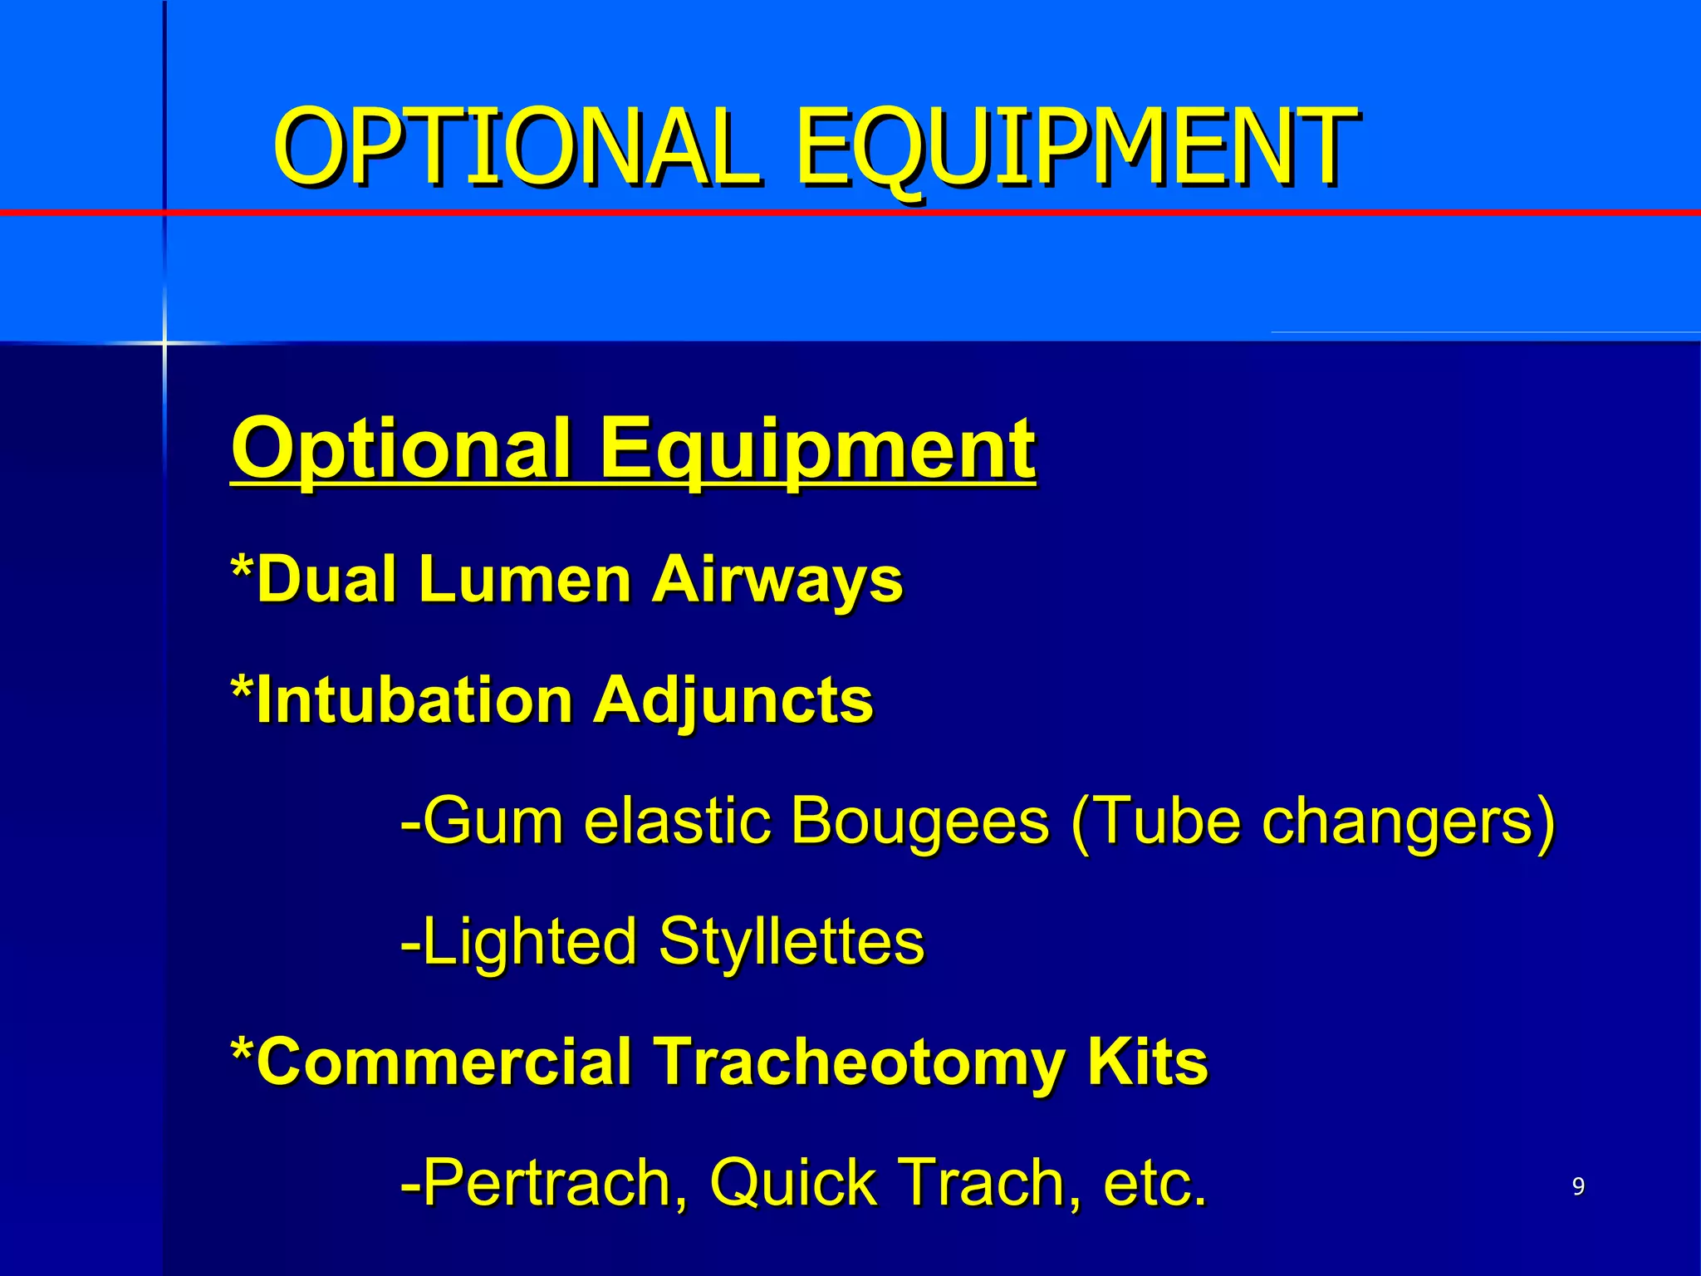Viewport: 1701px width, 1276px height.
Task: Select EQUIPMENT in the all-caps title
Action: (x=1076, y=147)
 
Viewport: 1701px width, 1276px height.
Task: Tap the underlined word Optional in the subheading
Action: (x=402, y=449)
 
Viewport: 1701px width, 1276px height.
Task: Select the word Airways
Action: (x=777, y=579)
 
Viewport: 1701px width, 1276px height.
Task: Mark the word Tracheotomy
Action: (x=859, y=1062)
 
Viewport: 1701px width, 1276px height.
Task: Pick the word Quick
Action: (x=793, y=1182)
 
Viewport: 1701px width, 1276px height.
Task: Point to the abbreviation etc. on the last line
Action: (x=1154, y=1182)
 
